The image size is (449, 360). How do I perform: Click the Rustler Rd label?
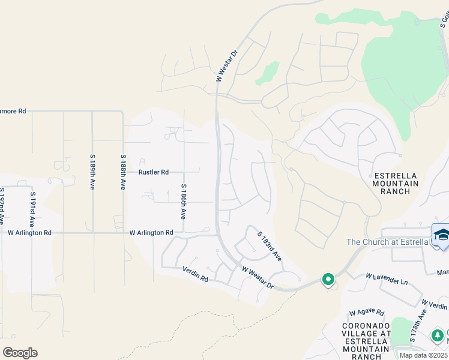pyautogui.click(x=154, y=172)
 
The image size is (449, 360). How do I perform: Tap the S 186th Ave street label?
pyautogui.click(x=184, y=202)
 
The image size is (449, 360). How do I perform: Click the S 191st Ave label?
pyautogui.click(x=32, y=202)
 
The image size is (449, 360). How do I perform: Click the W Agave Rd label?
pyautogui.click(x=367, y=312)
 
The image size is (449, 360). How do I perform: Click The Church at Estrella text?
pyautogui.click(x=387, y=242)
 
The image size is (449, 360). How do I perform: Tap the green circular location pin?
pyautogui.click(x=328, y=279)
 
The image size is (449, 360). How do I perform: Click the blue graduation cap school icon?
pyautogui.click(x=441, y=234)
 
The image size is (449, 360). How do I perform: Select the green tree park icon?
pyautogui.click(x=439, y=334)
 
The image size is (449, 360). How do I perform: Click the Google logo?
pyautogui.click(x=20, y=353)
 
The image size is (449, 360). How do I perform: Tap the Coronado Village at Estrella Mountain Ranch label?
pyautogui.click(x=366, y=341)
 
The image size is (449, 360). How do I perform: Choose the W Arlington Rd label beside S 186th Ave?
pyautogui.click(x=151, y=232)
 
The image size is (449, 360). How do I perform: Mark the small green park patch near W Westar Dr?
pyautogui.click(x=267, y=73)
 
